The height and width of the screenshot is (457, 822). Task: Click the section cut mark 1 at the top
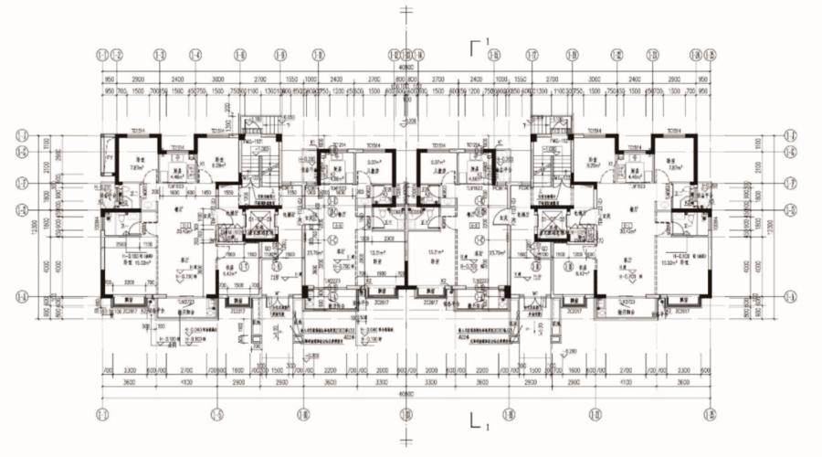[477, 45]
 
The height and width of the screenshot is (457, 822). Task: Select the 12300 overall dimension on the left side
[37, 224]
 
